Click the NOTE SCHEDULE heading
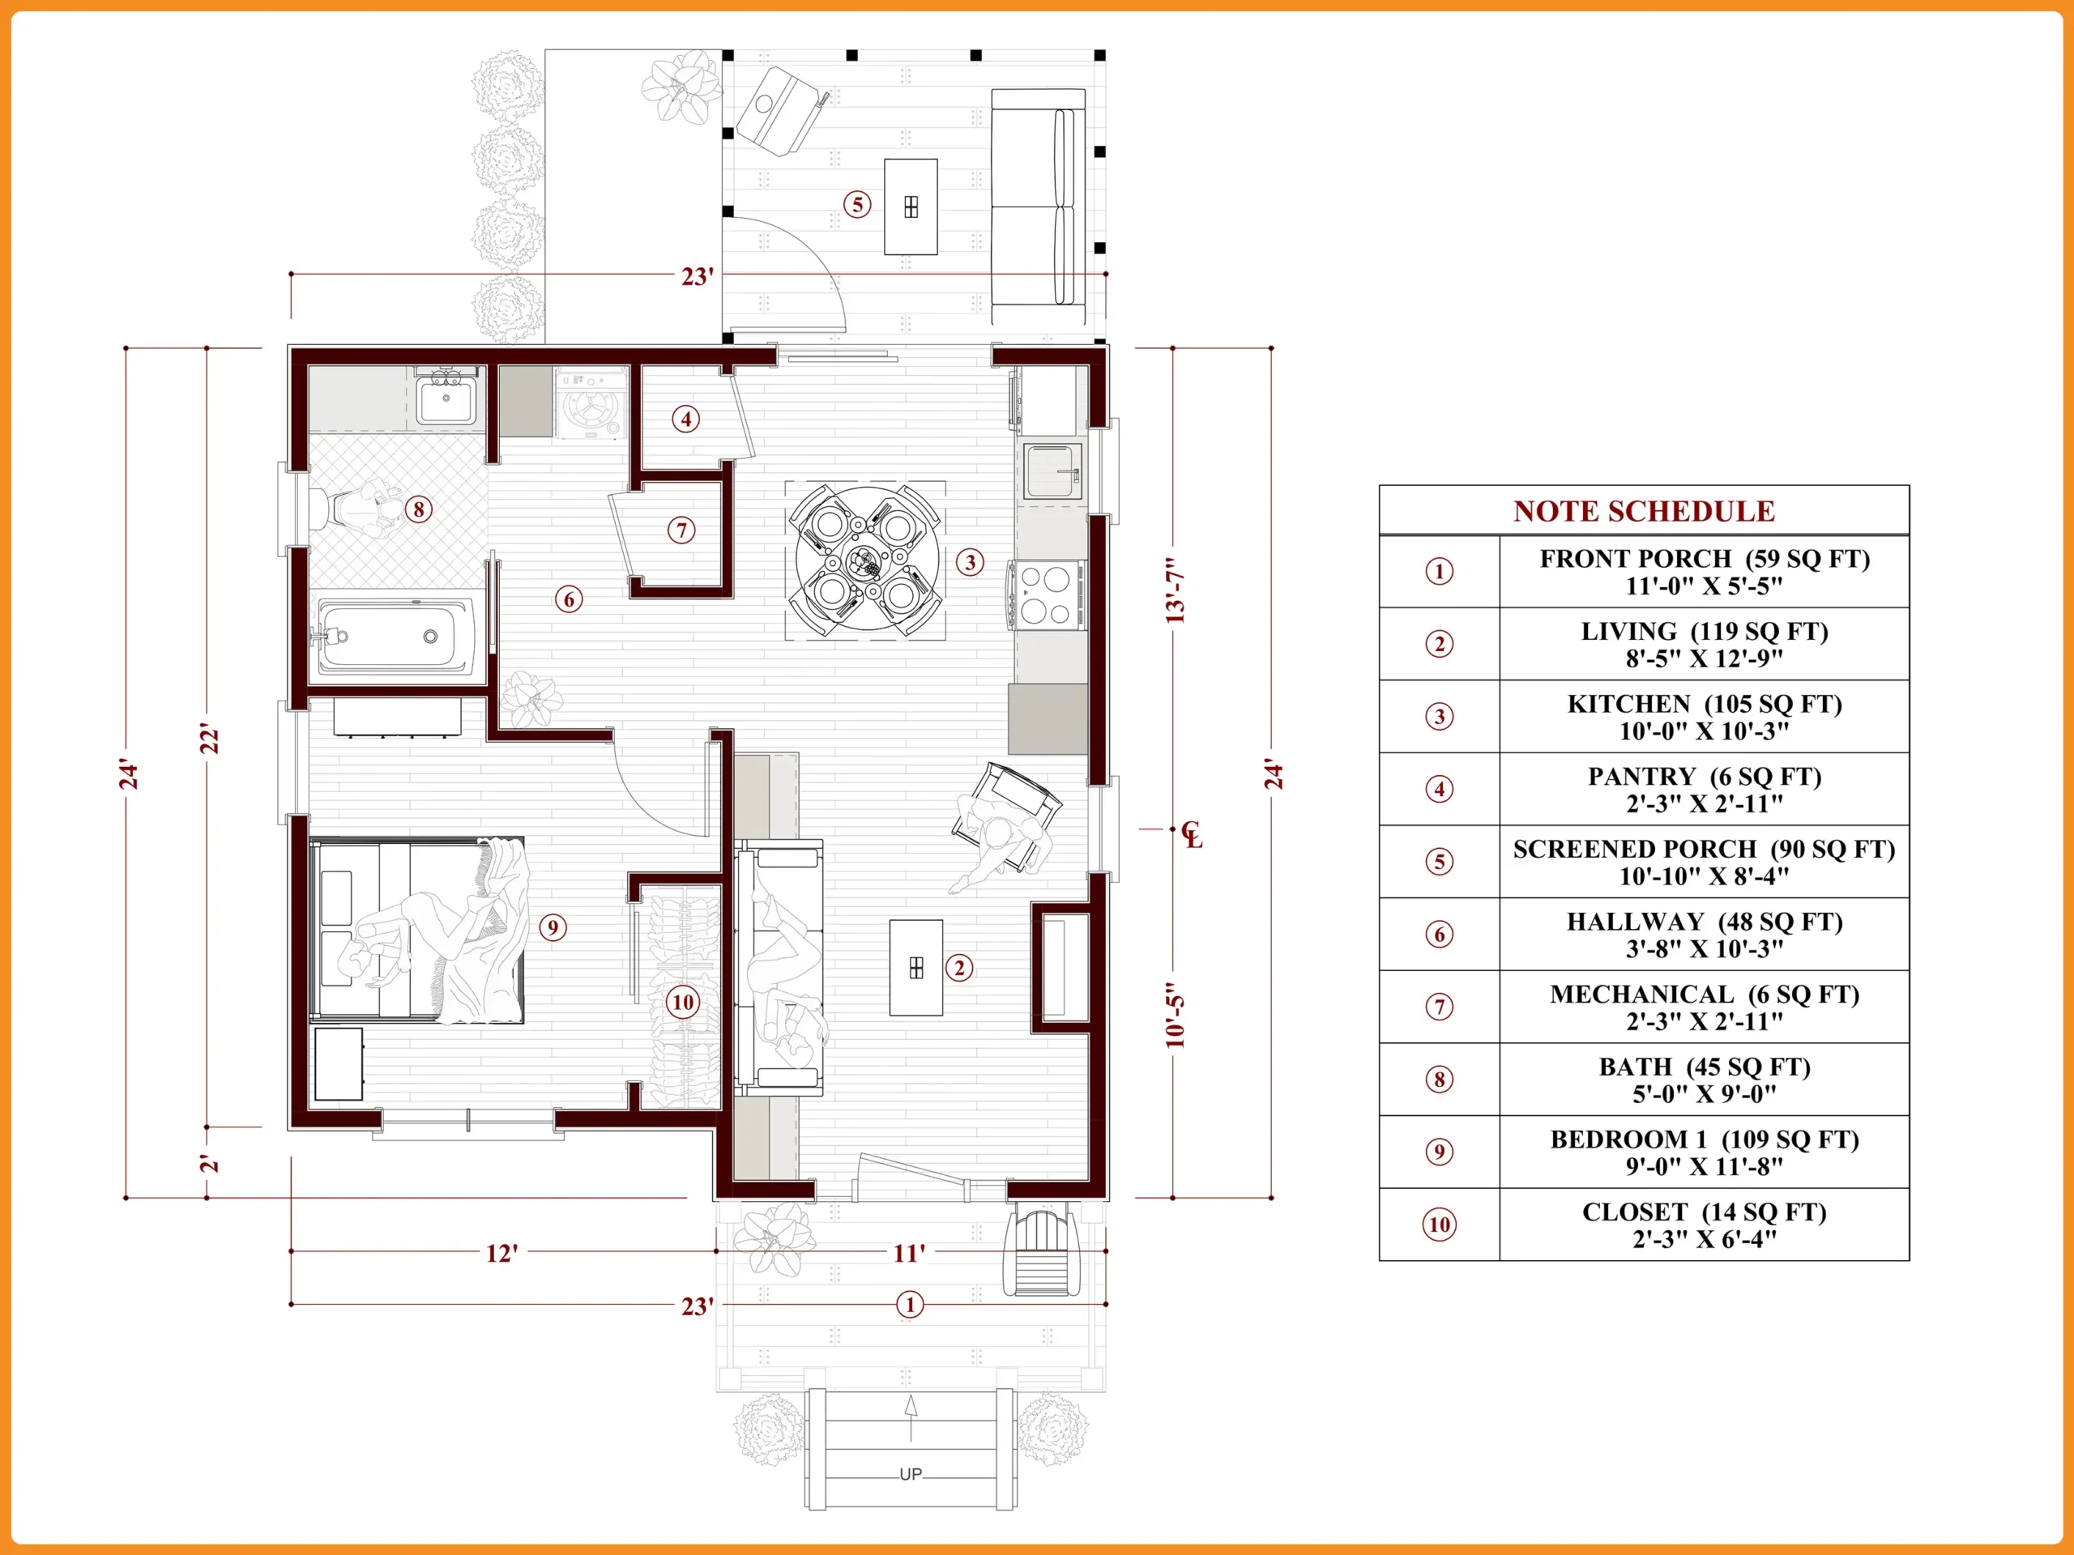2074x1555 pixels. (1644, 511)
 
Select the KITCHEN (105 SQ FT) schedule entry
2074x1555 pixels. (1705, 717)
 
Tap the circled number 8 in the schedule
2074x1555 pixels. (1439, 1080)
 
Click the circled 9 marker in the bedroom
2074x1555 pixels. (553, 928)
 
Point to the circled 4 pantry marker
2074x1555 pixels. (686, 419)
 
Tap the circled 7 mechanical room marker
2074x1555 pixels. (681, 530)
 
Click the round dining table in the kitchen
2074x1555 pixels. (865, 560)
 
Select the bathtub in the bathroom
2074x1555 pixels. (395, 637)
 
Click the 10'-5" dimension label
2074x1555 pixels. (1175, 1016)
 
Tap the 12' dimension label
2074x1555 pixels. (501, 1253)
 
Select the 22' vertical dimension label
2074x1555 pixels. (210, 739)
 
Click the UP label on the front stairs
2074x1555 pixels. (911, 1474)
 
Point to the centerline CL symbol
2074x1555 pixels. (1191, 833)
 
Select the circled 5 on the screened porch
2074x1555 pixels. (857, 204)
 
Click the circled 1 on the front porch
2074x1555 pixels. (910, 1305)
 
